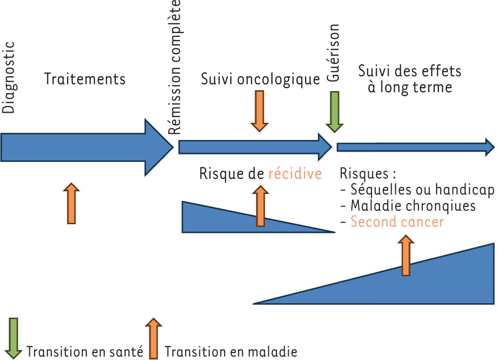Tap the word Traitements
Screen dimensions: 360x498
tap(85, 78)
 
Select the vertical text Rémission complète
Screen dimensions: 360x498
tap(176, 68)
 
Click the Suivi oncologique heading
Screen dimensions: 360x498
tap(260, 79)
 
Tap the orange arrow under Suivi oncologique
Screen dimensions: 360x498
tap(260, 110)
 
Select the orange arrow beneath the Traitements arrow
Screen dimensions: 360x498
tap(71, 203)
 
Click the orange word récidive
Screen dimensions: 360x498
tap(295, 174)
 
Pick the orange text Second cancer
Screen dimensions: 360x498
tap(397, 222)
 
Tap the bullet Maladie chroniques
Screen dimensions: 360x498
tap(408, 206)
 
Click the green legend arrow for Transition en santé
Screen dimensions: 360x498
tap(14, 338)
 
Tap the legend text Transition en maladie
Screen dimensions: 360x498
tap(231, 352)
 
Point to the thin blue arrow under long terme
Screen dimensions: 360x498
tap(415, 147)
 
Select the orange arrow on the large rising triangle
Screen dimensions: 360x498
tap(406, 255)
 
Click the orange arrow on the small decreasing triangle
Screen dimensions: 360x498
tap(260, 206)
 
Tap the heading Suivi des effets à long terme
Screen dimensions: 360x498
tap(409, 79)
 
